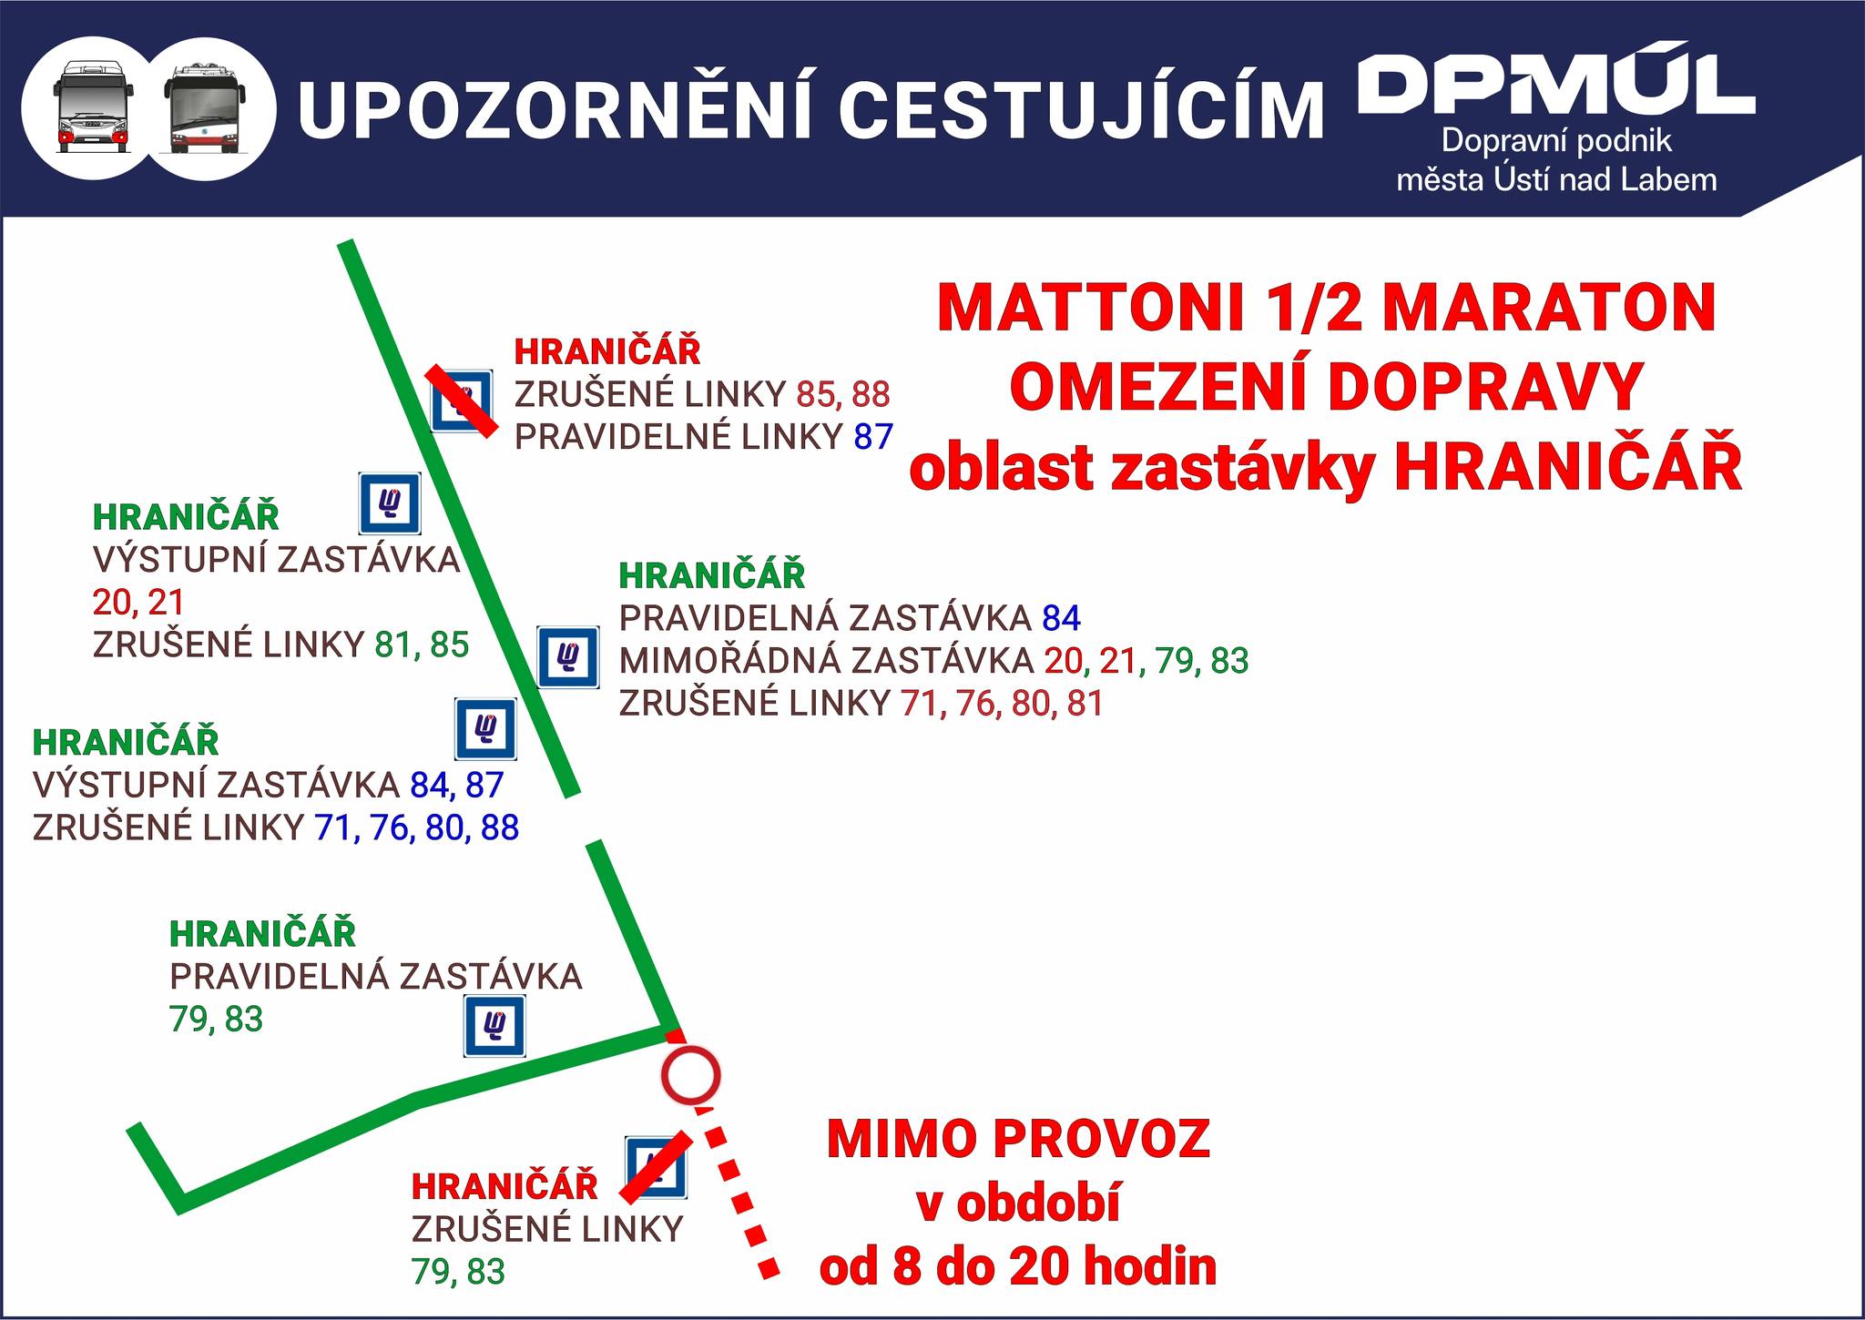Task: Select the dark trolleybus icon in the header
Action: click(205, 107)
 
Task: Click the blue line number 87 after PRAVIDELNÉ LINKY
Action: click(873, 438)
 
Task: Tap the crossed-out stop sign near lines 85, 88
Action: click(463, 401)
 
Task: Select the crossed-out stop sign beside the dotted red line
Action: click(656, 1167)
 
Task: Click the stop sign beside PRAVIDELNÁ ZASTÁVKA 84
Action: click(568, 656)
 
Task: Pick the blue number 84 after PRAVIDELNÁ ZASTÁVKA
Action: click(1061, 619)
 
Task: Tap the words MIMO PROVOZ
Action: click(1018, 1137)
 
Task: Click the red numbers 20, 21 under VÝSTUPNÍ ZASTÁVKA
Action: click(138, 603)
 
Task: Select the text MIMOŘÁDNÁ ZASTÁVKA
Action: click(826, 661)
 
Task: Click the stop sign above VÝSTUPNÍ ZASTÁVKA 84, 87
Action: click(486, 728)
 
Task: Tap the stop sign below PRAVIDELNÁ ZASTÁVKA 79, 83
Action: click(494, 1027)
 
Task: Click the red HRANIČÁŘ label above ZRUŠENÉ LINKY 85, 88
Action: click(607, 351)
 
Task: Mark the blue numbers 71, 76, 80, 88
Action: click(417, 828)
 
